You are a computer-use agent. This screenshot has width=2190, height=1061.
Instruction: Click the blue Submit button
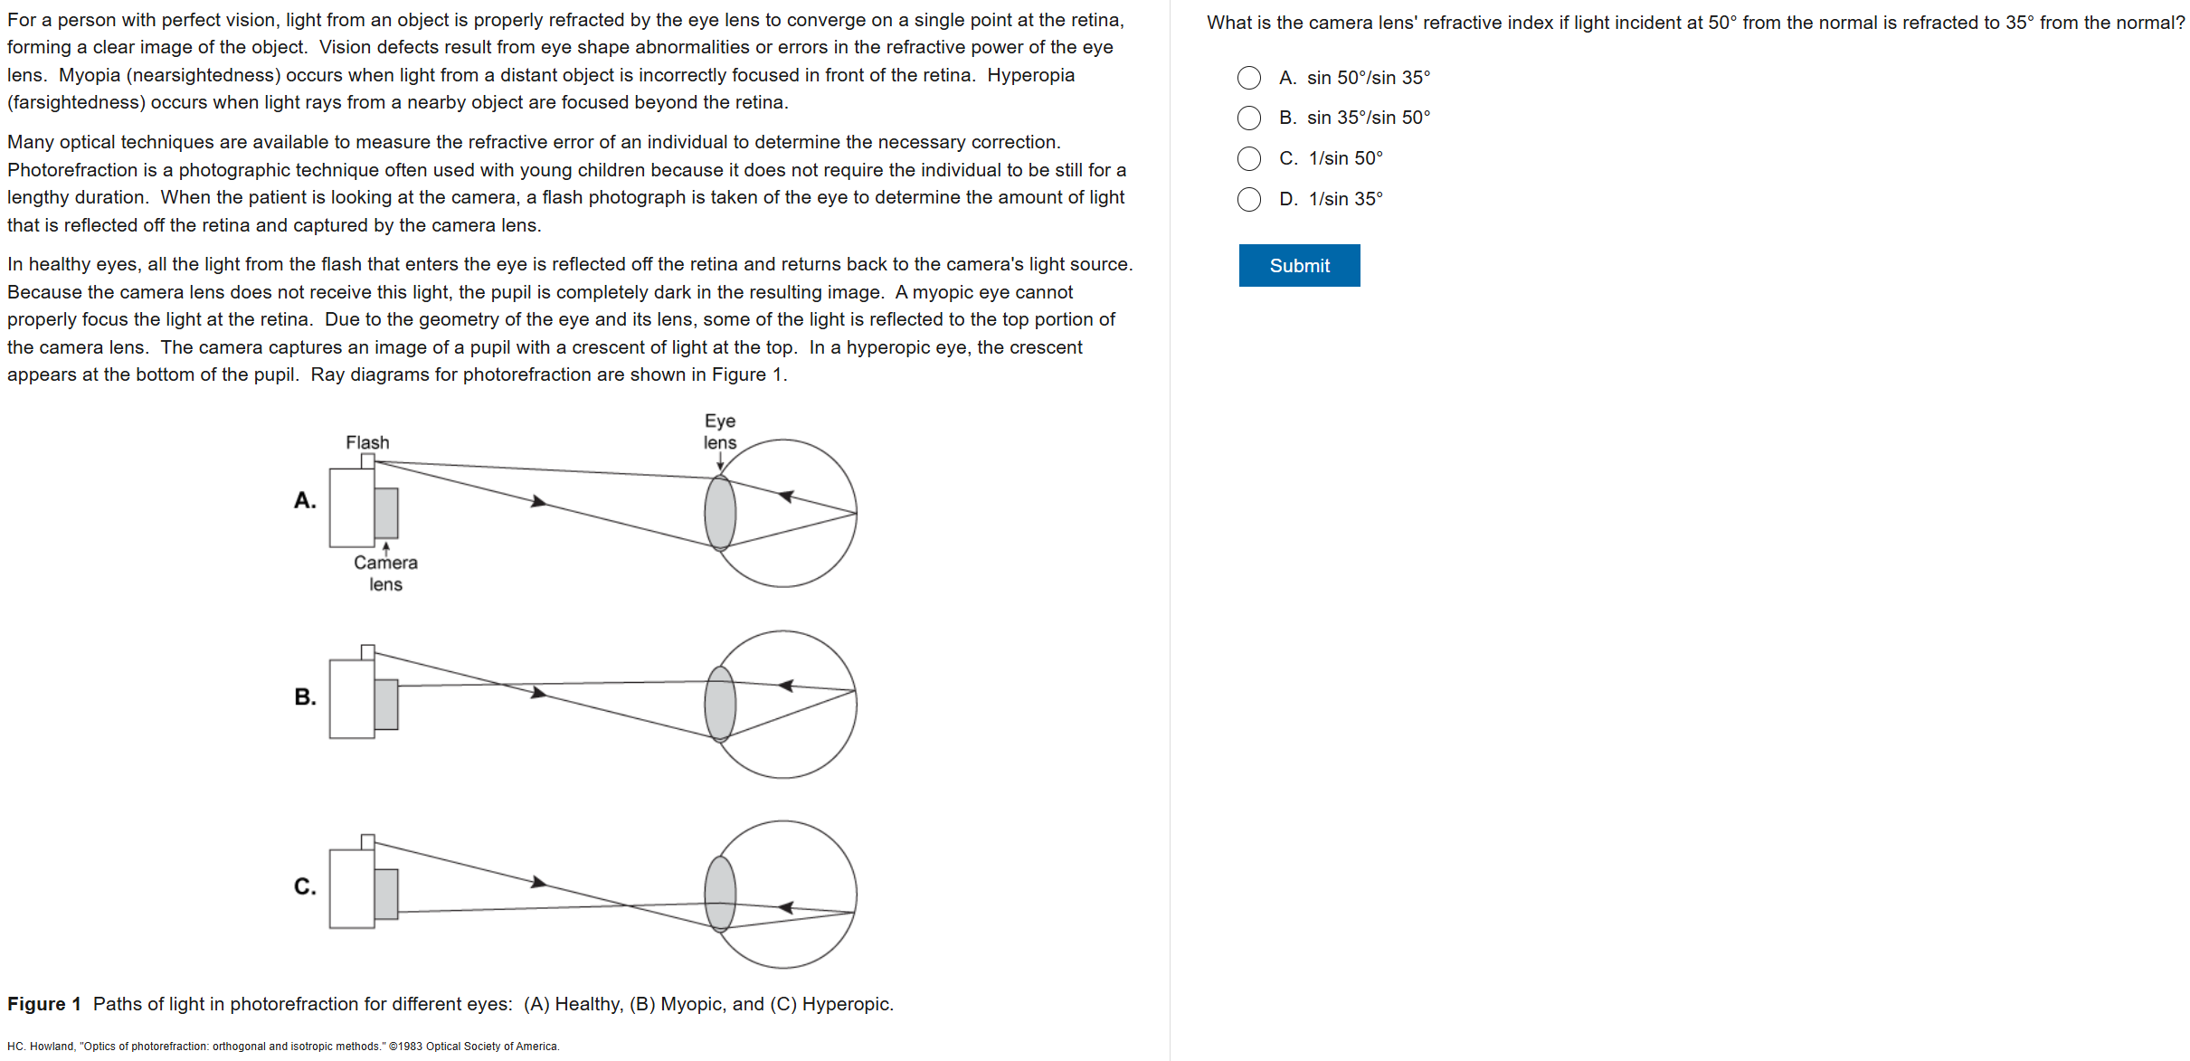(1299, 265)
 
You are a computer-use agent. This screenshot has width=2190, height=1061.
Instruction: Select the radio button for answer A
(1249, 78)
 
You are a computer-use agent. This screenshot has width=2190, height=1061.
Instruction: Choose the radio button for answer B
(1249, 118)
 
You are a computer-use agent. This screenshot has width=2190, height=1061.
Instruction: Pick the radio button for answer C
(1249, 158)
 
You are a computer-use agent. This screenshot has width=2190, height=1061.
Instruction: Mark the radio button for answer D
(1249, 199)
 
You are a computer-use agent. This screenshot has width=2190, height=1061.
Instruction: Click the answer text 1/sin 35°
(1345, 199)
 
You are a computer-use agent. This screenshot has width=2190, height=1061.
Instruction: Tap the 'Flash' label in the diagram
(367, 442)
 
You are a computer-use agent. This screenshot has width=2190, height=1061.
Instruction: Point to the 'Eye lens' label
(720, 431)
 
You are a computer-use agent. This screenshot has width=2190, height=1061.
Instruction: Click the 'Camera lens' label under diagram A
(385, 573)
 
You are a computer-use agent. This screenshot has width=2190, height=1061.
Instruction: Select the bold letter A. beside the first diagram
(305, 500)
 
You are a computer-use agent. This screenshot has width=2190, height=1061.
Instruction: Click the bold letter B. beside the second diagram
(305, 696)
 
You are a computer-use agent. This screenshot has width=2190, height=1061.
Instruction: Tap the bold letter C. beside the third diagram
(305, 886)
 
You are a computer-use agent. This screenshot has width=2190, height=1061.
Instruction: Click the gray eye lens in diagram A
(720, 513)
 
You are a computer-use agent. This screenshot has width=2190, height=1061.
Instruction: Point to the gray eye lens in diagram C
(720, 894)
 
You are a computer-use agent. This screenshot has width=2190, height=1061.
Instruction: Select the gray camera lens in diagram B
(386, 704)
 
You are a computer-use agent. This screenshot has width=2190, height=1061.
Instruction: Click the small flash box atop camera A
(367, 461)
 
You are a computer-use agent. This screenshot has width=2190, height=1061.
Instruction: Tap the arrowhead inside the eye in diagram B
(786, 686)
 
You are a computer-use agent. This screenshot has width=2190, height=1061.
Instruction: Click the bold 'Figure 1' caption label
(44, 1004)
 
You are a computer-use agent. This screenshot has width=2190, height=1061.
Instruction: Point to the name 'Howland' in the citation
(53, 1047)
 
